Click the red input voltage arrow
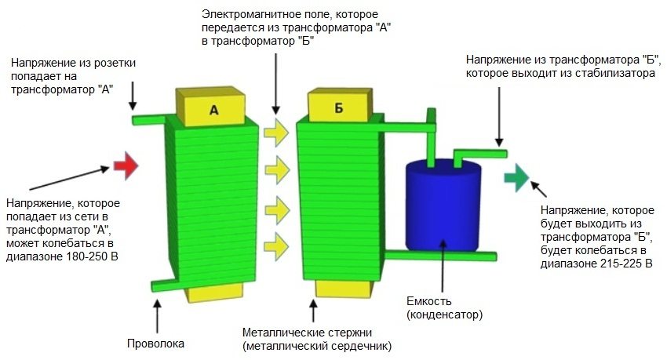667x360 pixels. (x=126, y=165)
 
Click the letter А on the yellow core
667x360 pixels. (x=213, y=111)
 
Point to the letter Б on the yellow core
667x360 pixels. (x=339, y=109)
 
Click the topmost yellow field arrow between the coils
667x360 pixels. (x=276, y=131)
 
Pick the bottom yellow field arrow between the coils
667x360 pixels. (x=276, y=241)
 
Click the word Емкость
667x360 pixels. (x=428, y=301)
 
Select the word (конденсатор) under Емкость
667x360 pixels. (x=444, y=315)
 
